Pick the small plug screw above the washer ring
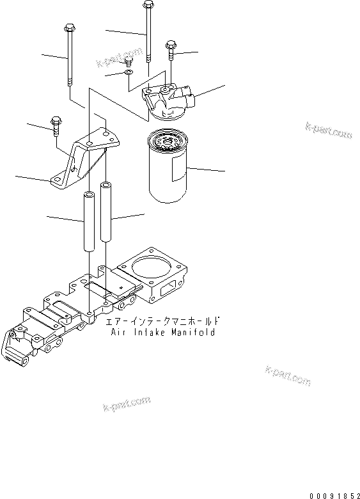(x=128, y=62)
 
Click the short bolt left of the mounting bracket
(x=56, y=123)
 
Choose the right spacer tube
(x=106, y=217)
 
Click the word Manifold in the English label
(x=194, y=332)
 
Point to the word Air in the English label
(x=119, y=332)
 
